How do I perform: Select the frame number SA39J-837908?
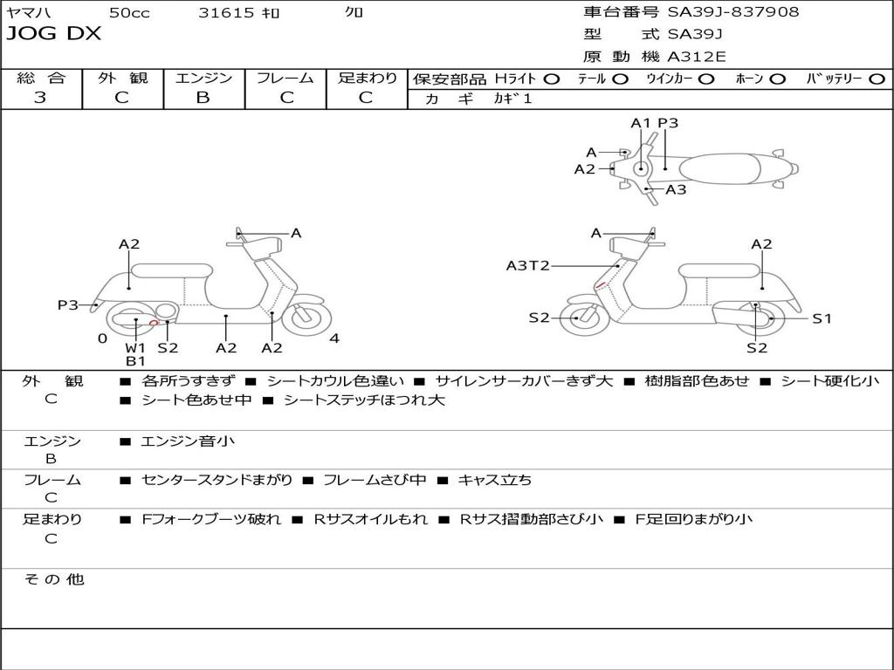coord(733,12)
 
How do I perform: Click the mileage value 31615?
coord(226,13)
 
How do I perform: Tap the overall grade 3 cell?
coord(40,98)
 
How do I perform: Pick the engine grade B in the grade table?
coord(203,98)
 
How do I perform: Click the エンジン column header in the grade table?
coord(203,79)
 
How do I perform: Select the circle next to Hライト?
coord(551,79)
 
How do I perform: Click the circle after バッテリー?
coord(877,79)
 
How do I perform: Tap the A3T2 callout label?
coord(527,265)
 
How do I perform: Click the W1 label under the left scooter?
coord(135,347)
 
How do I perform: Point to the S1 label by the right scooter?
coord(822,318)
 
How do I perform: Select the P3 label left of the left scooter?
coord(68,304)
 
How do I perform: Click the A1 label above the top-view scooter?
coord(641,123)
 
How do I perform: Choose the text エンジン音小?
coord(188,441)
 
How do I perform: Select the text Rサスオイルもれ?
coord(370,519)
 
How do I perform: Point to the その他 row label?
coord(53,579)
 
